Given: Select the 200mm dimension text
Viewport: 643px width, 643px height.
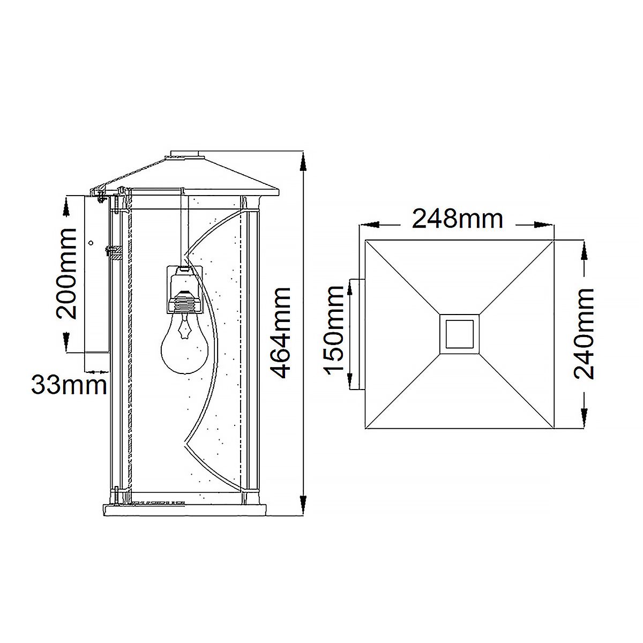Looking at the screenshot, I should point(67,273).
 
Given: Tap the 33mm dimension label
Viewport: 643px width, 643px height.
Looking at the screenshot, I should point(69,385).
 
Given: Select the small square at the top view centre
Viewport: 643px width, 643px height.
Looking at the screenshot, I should point(459,335).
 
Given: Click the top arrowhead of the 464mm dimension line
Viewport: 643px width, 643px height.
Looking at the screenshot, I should point(304,160).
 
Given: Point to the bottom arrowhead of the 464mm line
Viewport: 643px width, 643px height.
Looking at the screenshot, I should point(304,507).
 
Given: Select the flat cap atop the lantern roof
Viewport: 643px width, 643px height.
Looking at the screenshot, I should point(186,154).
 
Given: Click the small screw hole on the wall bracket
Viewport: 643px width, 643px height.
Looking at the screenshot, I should point(91,243).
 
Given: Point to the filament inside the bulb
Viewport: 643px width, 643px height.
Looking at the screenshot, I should point(185,327).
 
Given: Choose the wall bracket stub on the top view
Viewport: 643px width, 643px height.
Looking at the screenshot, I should point(357,334).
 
